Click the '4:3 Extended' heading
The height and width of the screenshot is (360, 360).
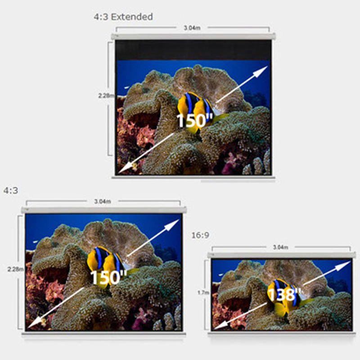point(123,17)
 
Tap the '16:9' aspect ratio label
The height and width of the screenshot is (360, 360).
point(200,235)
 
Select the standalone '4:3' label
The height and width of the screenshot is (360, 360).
point(10,190)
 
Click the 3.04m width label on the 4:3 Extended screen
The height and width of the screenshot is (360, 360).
point(192,28)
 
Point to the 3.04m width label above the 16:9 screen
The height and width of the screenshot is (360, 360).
point(280,247)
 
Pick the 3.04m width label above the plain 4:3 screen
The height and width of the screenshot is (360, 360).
point(103,202)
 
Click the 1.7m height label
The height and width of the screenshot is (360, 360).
point(203,292)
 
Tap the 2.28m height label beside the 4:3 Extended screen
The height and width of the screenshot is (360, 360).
point(106,95)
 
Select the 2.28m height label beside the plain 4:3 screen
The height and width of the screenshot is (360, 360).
point(16,269)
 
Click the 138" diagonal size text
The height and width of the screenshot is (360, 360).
point(284,295)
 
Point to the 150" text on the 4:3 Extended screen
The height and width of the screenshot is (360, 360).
point(194,120)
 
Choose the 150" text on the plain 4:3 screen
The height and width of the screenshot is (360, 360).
point(108,277)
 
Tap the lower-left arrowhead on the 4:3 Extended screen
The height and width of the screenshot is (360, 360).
point(125,167)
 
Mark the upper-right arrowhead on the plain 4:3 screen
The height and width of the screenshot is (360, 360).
point(172,224)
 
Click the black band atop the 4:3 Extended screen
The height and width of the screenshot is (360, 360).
point(193,50)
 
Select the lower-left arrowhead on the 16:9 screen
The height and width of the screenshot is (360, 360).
point(220,325)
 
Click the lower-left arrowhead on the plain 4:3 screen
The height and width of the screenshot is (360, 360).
point(35,322)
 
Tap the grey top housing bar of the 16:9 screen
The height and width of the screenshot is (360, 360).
point(282,255)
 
